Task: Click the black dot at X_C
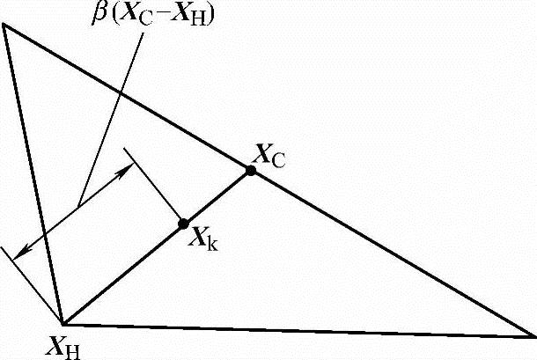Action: point(251,171)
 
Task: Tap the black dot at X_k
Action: point(184,224)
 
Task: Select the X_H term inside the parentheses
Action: point(201,16)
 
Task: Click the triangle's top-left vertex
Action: point(4,24)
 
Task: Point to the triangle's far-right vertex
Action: point(533,336)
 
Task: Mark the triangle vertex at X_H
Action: point(63,323)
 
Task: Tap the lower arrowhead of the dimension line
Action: point(21,253)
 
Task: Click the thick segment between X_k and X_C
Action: point(217,197)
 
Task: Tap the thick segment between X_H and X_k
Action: point(123,273)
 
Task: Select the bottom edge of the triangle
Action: point(299,330)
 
